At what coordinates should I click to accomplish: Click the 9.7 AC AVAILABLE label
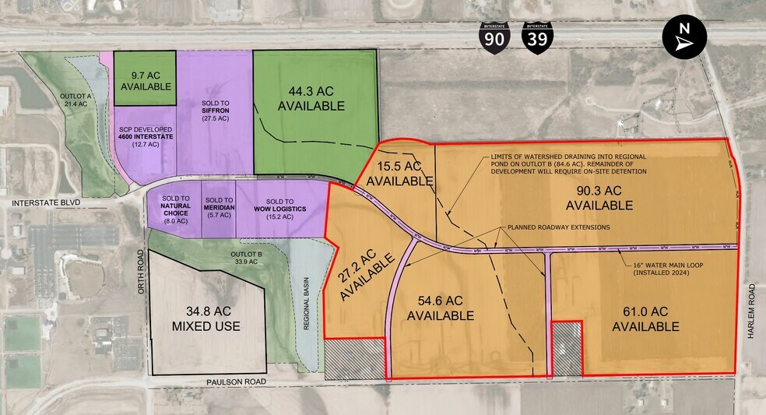click(x=145, y=81)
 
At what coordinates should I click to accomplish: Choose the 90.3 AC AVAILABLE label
click(x=599, y=198)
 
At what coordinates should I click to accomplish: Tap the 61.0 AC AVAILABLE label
click(x=645, y=319)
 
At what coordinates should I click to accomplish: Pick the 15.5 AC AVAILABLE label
click(x=399, y=174)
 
